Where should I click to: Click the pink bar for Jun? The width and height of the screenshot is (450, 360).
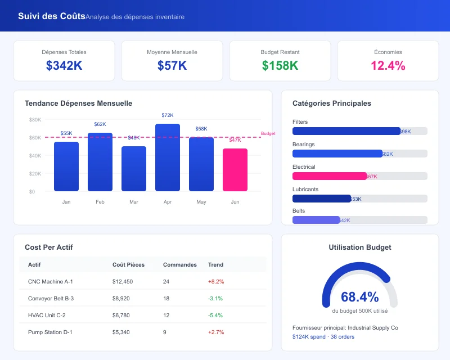click(x=235, y=170)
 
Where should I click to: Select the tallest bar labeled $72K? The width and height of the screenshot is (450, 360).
click(x=168, y=157)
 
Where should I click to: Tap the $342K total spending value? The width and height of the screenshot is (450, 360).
click(x=64, y=66)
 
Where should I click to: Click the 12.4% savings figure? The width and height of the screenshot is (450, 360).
click(x=388, y=66)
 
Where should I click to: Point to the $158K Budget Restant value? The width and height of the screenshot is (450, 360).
click(x=280, y=66)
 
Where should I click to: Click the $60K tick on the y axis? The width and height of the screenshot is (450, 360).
click(x=35, y=137)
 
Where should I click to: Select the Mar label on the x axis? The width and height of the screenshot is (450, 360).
click(x=134, y=201)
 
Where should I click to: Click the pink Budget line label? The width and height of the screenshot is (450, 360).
click(x=268, y=133)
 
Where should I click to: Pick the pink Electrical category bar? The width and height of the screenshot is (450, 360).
click(x=330, y=176)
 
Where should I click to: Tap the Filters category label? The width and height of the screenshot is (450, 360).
click(x=300, y=122)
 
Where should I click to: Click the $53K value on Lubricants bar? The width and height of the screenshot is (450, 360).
click(x=355, y=199)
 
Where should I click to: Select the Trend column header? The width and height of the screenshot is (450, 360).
click(x=215, y=264)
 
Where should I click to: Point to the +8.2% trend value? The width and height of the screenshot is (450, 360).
click(x=216, y=281)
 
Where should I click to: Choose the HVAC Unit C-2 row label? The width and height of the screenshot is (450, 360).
click(x=47, y=315)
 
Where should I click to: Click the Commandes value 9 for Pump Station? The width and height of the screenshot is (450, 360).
click(x=164, y=332)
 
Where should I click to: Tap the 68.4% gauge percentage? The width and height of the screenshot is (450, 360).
click(x=359, y=298)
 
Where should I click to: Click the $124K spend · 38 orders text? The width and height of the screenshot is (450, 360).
click(x=323, y=336)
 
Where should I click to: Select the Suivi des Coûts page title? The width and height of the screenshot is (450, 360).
click(x=52, y=16)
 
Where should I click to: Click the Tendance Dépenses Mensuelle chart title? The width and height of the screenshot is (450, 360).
click(x=78, y=103)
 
